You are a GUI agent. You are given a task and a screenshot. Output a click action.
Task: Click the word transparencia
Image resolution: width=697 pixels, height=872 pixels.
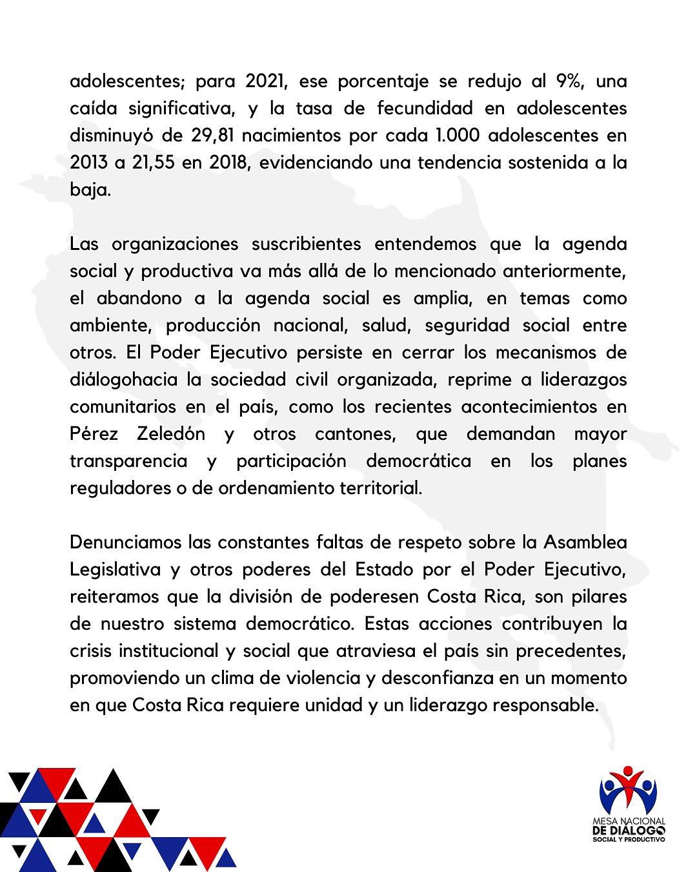point(128,461)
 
